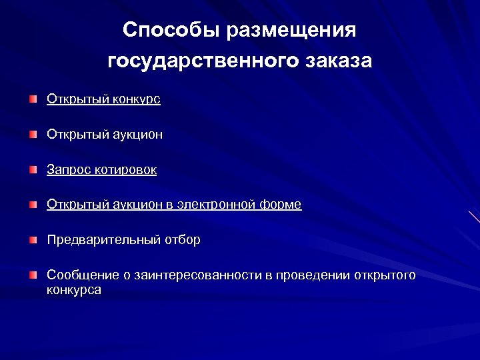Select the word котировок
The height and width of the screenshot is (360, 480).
(125, 170)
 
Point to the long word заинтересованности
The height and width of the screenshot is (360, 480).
(195, 275)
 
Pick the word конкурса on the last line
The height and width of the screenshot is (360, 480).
(74, 290)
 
